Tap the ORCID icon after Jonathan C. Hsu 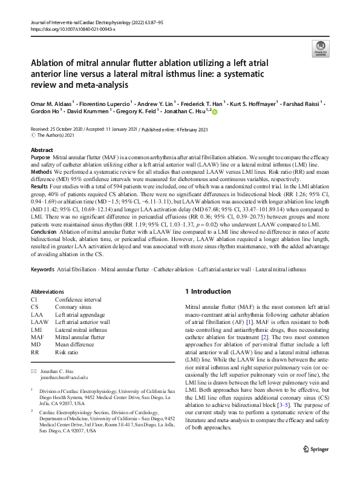(214, 111)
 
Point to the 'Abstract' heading (41, 150)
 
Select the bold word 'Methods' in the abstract (41, 171)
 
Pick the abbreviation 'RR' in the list (35, 352)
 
